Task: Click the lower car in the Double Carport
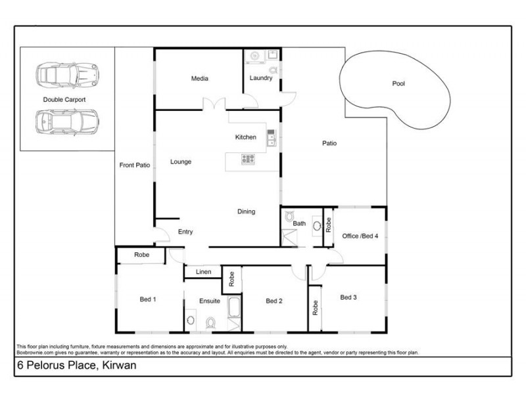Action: [x=65, y=121]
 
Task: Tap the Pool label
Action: [x=398, y=83]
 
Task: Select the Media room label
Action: [x=199, y=79]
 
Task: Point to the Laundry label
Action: [x=261, y=79]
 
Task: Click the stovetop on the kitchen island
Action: [x=249, y=158]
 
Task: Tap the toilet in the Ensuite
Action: [x=211, y=322]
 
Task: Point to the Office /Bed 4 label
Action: [x=360, y=236]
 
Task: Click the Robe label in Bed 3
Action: [x=316, y=307]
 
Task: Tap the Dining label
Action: [x=246, y=211]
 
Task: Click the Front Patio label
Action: [x=135, y=165]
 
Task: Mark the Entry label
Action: [x=185, y=232]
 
